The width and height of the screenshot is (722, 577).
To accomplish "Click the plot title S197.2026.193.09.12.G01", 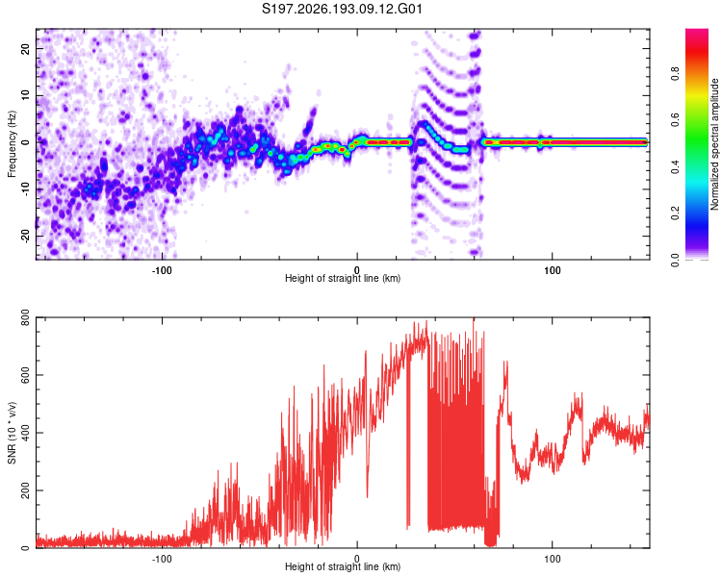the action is (x=342, y=9).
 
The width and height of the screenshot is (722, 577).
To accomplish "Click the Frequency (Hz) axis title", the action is (x=12, y=144).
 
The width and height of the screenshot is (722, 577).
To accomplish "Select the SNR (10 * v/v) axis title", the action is (x=12, y=433).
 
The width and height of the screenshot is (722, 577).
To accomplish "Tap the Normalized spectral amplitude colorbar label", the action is (x=714, y=144).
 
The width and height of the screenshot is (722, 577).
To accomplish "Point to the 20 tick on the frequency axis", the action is (x=25, y=48).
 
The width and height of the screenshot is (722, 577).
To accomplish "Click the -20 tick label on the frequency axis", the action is (x=25, y=237).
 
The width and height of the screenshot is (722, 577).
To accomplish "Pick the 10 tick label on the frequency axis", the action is (x=25, y=95).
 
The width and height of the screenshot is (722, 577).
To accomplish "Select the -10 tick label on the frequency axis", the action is (x=25, y=189).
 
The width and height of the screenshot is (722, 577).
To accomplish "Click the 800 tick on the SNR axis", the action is (x=25, y=317).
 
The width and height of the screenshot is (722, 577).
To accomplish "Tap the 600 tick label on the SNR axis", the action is (x=25, y=375).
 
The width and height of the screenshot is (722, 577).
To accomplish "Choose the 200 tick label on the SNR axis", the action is (x=25, y=490).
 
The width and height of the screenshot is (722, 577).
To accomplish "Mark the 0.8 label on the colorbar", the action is (x=675, y=74).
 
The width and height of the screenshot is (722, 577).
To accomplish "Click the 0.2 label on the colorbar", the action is (x=675, y=213).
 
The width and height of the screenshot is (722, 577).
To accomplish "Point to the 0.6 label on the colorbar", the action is (x=675, y=120).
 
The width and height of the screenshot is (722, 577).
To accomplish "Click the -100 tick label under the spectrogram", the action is (x=162, y=270).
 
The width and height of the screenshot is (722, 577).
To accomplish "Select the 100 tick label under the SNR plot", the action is (x=553, y=559).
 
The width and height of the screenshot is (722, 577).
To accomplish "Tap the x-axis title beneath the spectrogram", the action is (x=343, y=278).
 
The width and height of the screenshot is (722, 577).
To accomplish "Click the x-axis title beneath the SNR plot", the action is (x=343, y=566).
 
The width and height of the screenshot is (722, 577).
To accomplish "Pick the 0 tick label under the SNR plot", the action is (x=357, y=559).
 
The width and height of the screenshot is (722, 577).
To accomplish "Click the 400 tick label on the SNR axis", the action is (x=25, y=433).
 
